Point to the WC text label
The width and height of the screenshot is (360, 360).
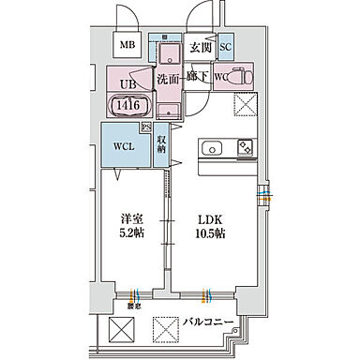[x=221, y=77]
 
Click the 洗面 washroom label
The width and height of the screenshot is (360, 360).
[x=169, y=80]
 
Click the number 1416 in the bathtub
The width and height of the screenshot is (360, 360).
[x=128, y=107]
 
